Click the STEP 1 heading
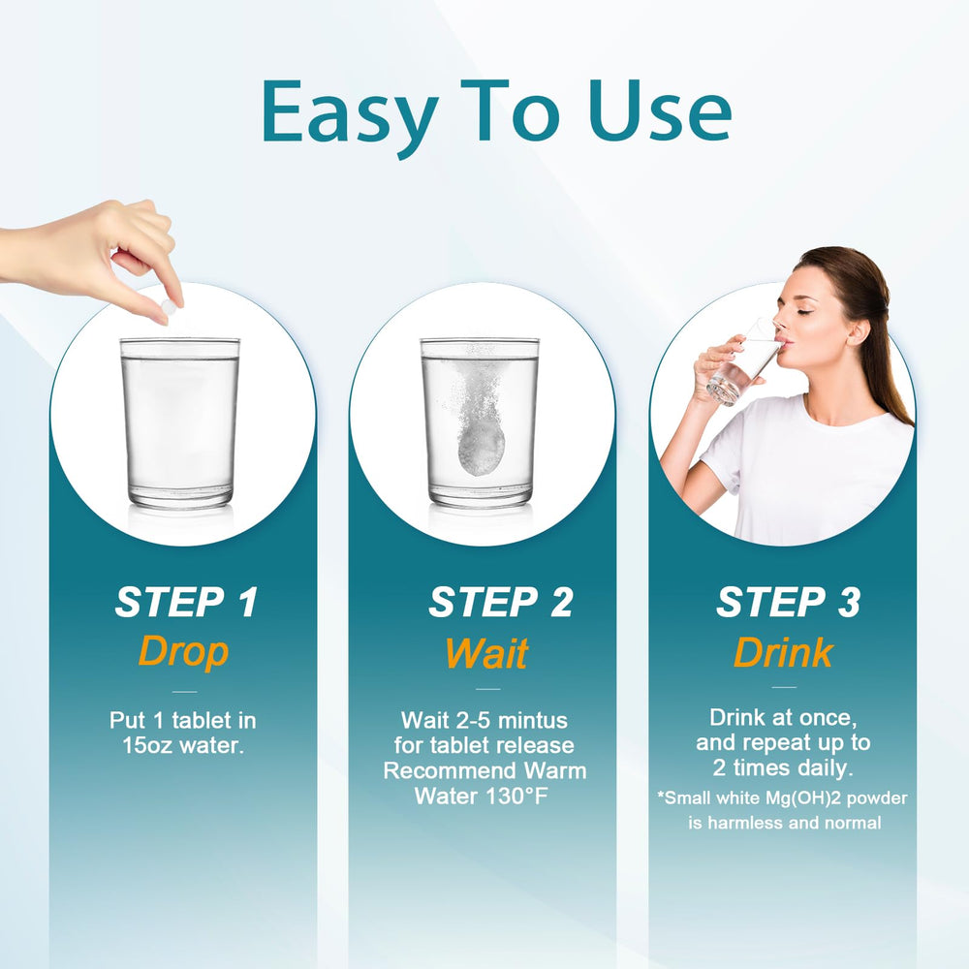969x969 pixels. click(186, 603)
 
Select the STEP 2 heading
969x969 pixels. click(500, 603)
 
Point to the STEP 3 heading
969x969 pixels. click(787, 603)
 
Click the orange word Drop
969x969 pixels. click(183, 651)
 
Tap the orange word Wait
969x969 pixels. click(486, 653)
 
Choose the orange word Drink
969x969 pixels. click(783, 653)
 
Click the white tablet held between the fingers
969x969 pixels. click(169, 307)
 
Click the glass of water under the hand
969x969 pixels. click(179, 422)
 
